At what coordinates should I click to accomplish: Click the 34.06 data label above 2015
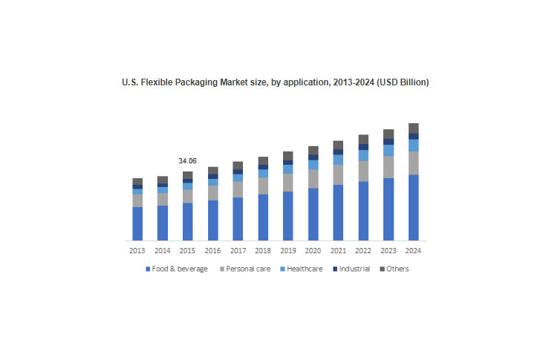click(x=187, y=160)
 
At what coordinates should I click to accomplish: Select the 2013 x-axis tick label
click(x=137, y=251)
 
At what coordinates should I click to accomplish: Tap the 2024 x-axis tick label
click(x=413, y=251)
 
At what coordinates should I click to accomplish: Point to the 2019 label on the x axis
click(x=288, y=251)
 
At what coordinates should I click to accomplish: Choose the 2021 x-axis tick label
click(x=338, y=251)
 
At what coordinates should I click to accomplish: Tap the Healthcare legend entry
click(x=303, y=269)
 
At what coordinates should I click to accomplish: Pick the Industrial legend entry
click(x=354, y=269)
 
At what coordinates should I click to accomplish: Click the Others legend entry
click(x=397, y=269)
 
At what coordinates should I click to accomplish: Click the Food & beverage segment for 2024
click(x=413, y=208)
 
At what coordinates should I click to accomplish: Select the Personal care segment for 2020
click(x=313, y=179)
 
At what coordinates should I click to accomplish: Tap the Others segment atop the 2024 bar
click(x=413, y=128)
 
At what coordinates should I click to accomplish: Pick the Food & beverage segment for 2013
click(x=137, y=223)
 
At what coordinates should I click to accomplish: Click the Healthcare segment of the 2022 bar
click(x=363, y=156)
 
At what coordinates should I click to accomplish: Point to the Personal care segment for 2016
click(x=212, y=193)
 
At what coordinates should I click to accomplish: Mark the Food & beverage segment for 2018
click(x=263, y=217)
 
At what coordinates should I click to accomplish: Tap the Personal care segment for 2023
click(x=388, y=167)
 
